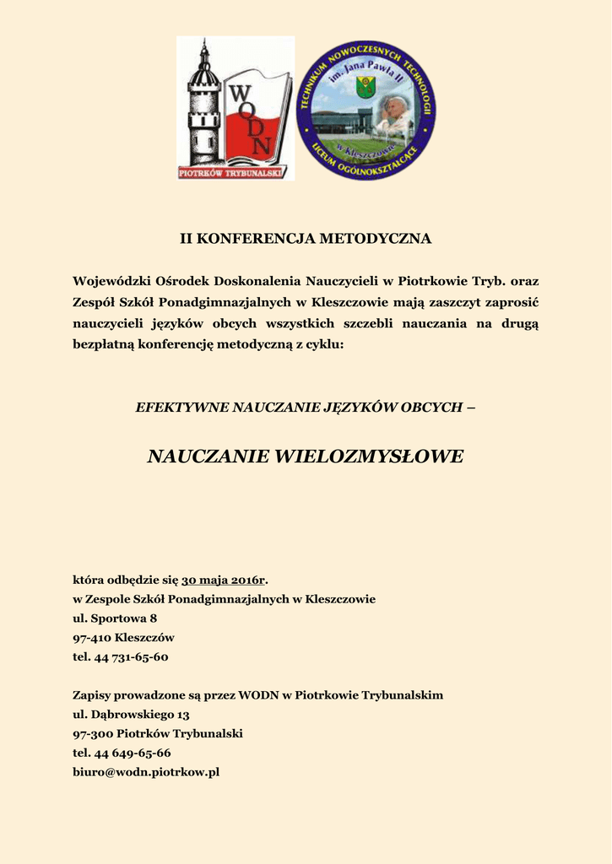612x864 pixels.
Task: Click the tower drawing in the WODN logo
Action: coord(203,105)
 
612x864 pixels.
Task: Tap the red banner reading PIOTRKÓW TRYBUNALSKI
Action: coord(232,172)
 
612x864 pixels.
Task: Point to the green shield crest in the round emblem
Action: coord(366,87)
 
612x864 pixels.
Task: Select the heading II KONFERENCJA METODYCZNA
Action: coord(306,239)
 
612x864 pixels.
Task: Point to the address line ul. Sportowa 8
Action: coord(115,618)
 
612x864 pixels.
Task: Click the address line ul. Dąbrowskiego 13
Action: coord(131,715)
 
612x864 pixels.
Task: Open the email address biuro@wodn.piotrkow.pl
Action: coord(146,772)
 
